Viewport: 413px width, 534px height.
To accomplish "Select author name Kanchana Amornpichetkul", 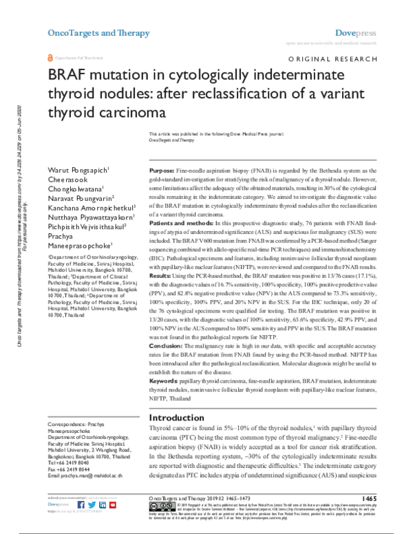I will coord(90,206).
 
